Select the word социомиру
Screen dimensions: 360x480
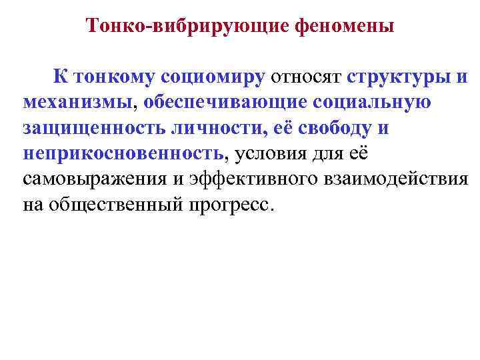tap(213, 77)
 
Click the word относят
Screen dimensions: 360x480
tap(305, 77)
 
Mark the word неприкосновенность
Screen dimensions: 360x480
tap(123, 153)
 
